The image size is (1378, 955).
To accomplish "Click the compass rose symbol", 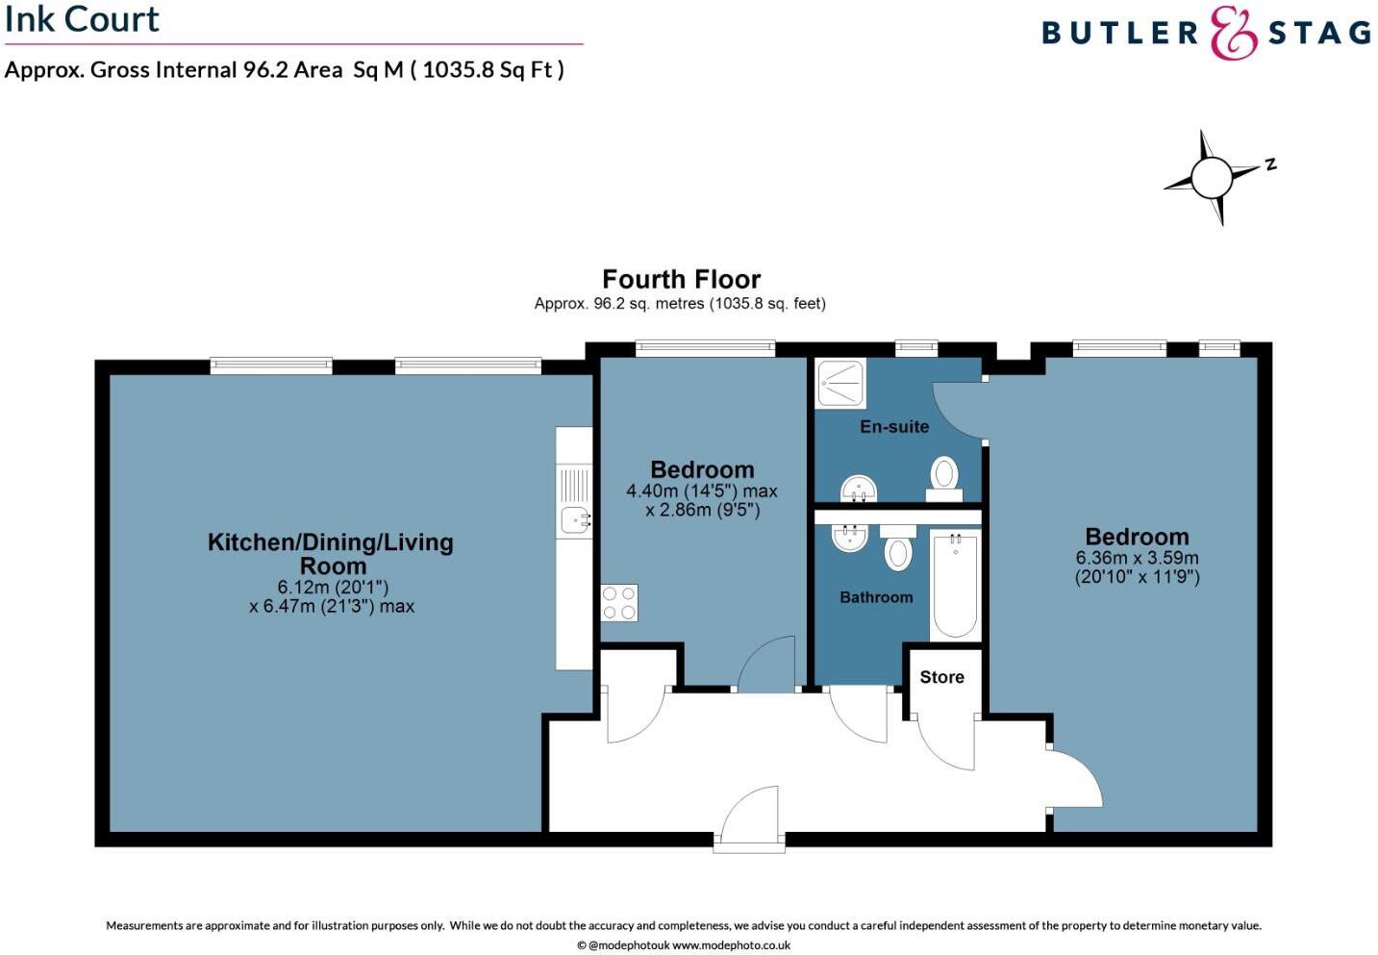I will pos(1212,177).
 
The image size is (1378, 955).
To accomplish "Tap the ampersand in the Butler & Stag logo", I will pos(1233,34).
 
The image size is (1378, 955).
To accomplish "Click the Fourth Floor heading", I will pos(681,280).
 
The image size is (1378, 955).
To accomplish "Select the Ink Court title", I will pos(82,19).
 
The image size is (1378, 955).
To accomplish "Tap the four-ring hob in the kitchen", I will pos(619,603).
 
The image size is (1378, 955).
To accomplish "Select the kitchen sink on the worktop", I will pos(575,520).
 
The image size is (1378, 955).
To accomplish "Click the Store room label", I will pos(941,677).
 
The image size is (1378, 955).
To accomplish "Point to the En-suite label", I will pos(894,427).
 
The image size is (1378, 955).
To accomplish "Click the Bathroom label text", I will pos(876,597).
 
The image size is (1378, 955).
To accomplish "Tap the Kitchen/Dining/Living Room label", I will pos(331,554).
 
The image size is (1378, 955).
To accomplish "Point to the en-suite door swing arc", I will pos(957,409).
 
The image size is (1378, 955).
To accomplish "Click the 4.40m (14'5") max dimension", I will pos(702,491).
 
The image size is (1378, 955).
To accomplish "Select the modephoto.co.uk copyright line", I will pos(683,945).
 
